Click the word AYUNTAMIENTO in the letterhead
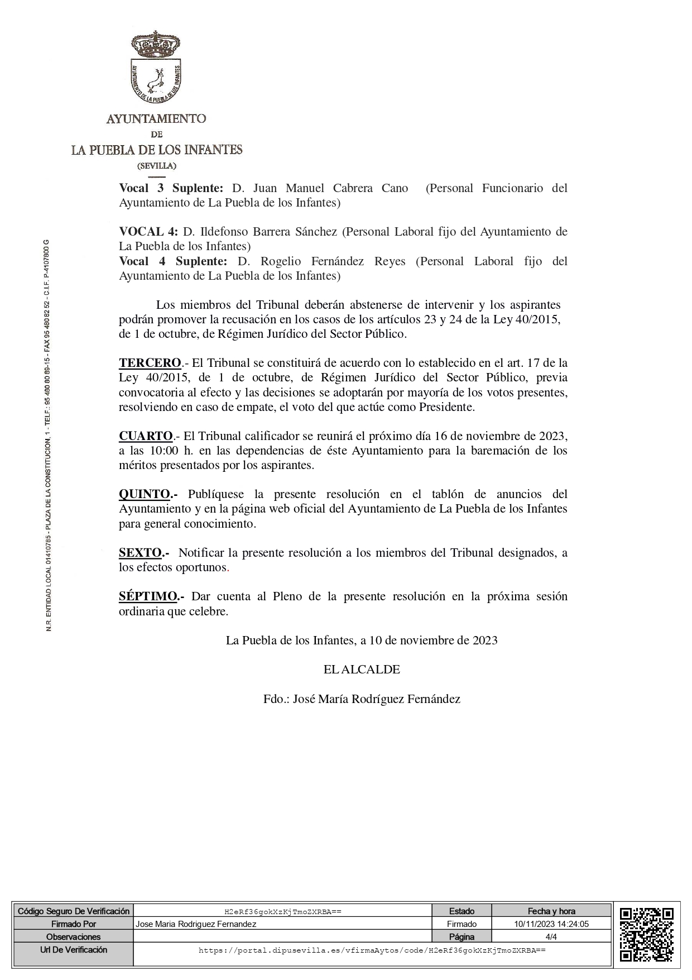(156, 118)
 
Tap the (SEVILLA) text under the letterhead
(157, 166)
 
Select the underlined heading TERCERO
(150, 363)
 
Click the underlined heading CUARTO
(146, 436)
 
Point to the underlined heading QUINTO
(145, 494)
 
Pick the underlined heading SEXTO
(140, 553)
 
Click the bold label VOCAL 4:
(148, 232)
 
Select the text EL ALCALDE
(362, 670)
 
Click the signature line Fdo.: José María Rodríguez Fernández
(362, 699)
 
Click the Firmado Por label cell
(74, 924)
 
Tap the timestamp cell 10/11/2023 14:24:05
(551, 924)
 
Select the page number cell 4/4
(551, 936)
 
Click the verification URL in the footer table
(372, 950)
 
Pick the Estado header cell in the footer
(462, 911)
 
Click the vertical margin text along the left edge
(49, 436)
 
